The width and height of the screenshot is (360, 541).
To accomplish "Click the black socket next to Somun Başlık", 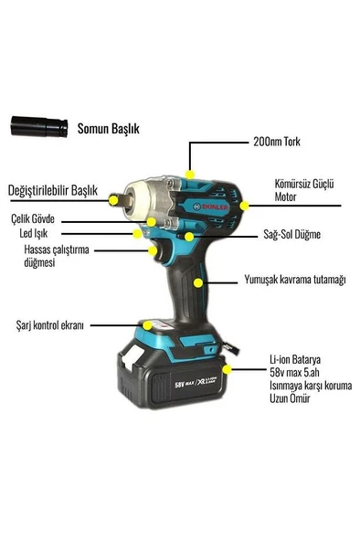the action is (x=39, y=127).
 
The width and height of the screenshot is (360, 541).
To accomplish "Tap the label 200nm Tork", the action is (x=277, y=142).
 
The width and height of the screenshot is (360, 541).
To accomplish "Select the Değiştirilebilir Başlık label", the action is (x=53, y=190).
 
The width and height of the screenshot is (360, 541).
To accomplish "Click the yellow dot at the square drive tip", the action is (x=113, y=200).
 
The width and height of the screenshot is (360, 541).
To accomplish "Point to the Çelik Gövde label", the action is (x=33, y=218).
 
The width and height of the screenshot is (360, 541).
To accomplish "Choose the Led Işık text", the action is (x=34, y=234).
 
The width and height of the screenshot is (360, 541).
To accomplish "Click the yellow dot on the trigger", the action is (x=153, y=250).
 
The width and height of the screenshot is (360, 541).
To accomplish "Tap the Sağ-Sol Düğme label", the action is (x=291, y=235).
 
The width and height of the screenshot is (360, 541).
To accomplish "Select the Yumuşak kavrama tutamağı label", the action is (x=295, y=280).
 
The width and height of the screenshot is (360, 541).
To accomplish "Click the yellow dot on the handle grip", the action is (x=198, y=283).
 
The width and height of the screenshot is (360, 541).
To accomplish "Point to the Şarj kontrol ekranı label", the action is (x=50, y=325).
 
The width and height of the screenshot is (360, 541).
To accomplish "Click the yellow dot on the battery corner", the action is (x=227, y=369).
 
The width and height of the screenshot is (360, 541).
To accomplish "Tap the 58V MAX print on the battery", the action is (x=184, y=383).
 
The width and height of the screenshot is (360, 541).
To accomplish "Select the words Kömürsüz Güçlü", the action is (x=304, y=184).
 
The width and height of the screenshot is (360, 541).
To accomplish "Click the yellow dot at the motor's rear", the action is (x=245, y=206).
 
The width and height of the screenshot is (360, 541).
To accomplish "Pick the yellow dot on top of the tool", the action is (x=190, y=175).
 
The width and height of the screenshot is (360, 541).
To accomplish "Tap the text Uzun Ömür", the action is (x=290, y=398).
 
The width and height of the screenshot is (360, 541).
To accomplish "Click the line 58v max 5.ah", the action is (x=294, y=373).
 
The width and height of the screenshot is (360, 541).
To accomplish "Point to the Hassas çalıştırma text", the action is (x=57, y=249).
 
